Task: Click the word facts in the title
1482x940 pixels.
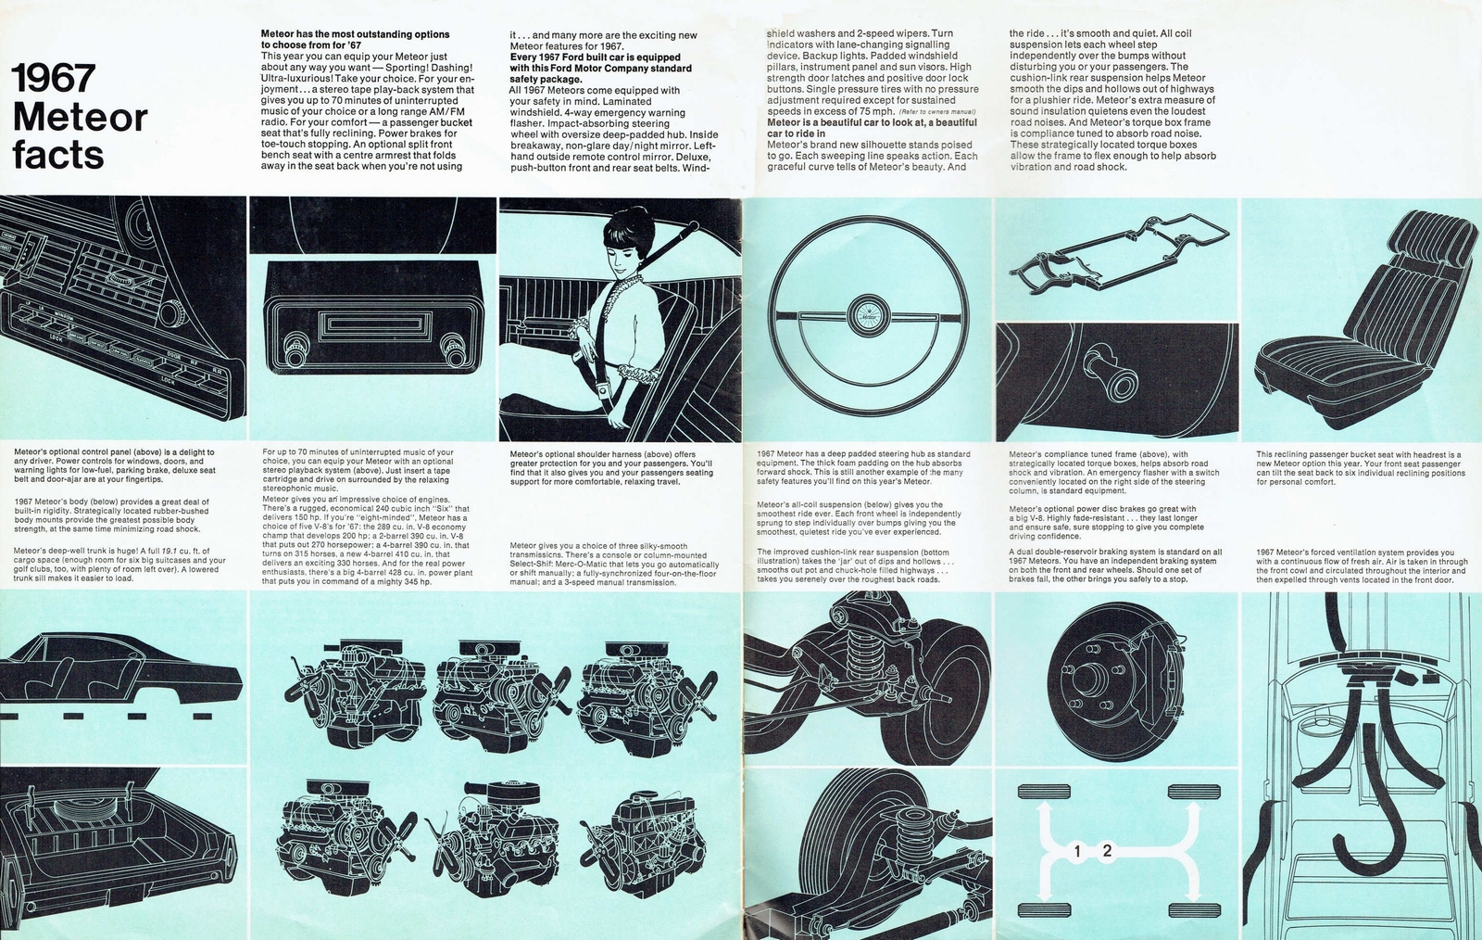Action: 58,154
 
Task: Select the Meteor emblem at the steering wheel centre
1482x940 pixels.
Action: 868,313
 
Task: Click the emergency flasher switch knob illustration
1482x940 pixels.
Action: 1103,362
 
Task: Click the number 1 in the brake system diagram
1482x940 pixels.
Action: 1078,850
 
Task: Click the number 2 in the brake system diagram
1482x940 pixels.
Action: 1107,850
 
